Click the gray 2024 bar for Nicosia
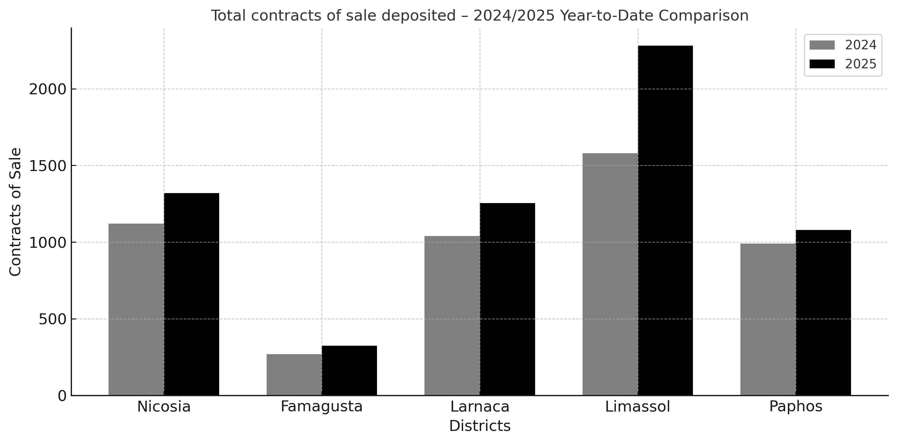[x=136, y=309]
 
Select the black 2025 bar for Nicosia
[x=191, y=294]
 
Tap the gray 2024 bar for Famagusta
[x=294, y=374]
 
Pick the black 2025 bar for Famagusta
[x=349, y=370]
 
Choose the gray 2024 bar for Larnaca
[x=452, y=316]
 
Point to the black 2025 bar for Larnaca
[x=507, y=299]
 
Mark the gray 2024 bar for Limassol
[x=610, y=274]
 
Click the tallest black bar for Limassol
[x=665, y=220]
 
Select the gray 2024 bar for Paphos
[x=768, y=319]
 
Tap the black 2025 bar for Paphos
[x=823, y=312]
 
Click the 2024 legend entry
[x=843, y=45]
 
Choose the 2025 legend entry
[x=843, y=64]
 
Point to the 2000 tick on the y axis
[x=47, y=89]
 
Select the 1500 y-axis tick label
[x=47, y=166]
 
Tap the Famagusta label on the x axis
[x=322, y=406]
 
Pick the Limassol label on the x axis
[x=638, y=406]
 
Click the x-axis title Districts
[x=480, y=426]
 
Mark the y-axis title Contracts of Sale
[x=15, y=212]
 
